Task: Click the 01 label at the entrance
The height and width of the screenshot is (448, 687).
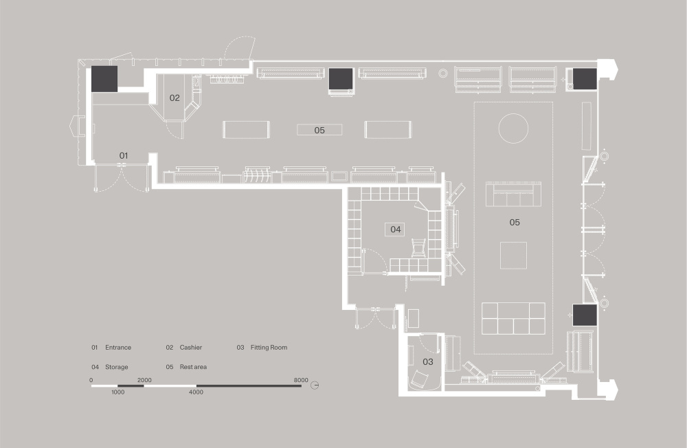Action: pyautogui.click(x=124, y=155)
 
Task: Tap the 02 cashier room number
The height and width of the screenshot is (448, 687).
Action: pyautogui.click(x=174, y=98)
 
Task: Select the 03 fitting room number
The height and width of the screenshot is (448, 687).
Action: pyautogui.click(x=427, y=362)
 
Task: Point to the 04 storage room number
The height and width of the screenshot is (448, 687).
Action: pyautogui.click(x=396, y=229)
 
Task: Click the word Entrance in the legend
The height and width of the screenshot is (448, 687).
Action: pyautogui.click(x=118, y=348)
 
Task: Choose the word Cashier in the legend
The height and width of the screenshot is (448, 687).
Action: pyautogui.click(x=190, y=348)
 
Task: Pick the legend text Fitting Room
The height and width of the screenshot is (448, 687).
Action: pyautogui.click(x=269, y=348)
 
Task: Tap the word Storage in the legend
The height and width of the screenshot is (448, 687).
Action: pyautogui.click(x=117, y=367)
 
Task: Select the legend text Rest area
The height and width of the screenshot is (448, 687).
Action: pyautogui.click(x=193, y=367)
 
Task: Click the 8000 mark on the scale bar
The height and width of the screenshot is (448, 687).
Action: pyautogui.click(x=301, y=380)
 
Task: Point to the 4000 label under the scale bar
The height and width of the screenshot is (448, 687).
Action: pyautogui.click(x=196, y=392)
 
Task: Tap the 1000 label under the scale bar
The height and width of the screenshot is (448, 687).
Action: pyautogui.click(x=118, y=392)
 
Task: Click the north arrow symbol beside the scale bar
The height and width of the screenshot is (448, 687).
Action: pyautogui.click(x=315, y=385)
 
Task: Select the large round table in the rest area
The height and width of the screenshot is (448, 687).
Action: pyautogui.click(x=513, y=128)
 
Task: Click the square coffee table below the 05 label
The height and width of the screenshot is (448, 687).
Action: pyautogui.click(x=513, y=255)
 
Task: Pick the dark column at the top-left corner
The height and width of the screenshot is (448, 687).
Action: pyautogui.click(x=104, y=79)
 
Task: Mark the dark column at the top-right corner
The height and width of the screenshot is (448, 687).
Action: pyautogui.click(x=585, y=79)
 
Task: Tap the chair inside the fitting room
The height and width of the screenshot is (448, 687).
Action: pyautogui.click(x=420, y=379)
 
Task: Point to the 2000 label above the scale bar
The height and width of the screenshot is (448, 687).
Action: pyautogui.click(x=144, y=380)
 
